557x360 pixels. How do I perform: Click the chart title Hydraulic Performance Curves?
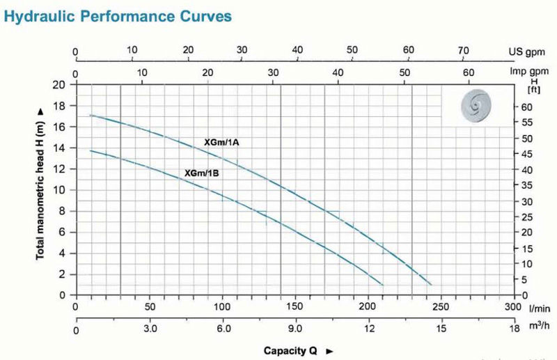pos(118,15)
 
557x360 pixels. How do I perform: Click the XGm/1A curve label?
pos(221,142)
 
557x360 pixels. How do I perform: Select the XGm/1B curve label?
pos(202,173)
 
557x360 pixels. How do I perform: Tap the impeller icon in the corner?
pos(478,106)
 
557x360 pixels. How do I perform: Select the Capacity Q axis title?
pos(293,350)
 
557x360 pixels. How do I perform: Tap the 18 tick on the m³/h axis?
pos(514,329)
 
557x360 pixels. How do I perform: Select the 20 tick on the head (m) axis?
pos(60,85)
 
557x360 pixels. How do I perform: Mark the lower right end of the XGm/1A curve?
pos(432,284)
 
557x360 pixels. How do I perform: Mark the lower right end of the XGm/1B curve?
pos(382,284)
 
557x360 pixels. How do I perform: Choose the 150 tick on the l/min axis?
pos(294,306)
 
